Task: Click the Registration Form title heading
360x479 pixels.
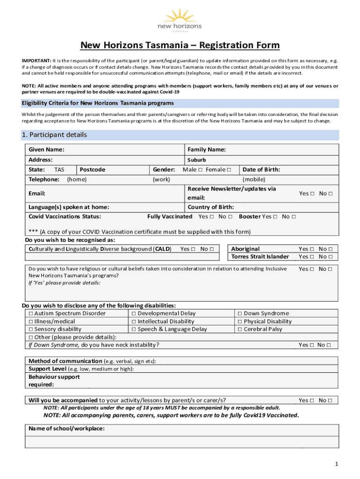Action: (x=180, y=45)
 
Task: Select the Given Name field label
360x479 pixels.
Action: (x=46, y=150)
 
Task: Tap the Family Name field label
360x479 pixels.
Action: (x=207, y=150)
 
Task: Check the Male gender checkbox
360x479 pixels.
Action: (x=200, y=170)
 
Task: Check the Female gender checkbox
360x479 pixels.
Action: (x=229, y=170)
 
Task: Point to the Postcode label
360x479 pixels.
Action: (x=93, y=170)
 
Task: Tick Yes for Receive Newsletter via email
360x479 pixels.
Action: (x=311, y=193)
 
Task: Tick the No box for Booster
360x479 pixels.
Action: (x=293, y=217)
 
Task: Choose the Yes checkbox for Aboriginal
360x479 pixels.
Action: (x=311, y=249)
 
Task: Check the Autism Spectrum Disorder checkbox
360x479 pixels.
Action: (x=31, y=313)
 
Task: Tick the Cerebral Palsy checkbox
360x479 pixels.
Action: (x=240, y=329)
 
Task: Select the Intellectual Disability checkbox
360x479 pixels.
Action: (x=134, y=321)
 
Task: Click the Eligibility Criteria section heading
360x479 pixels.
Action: (x=98, y=103)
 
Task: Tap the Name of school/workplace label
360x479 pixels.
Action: (x=66, y=428)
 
